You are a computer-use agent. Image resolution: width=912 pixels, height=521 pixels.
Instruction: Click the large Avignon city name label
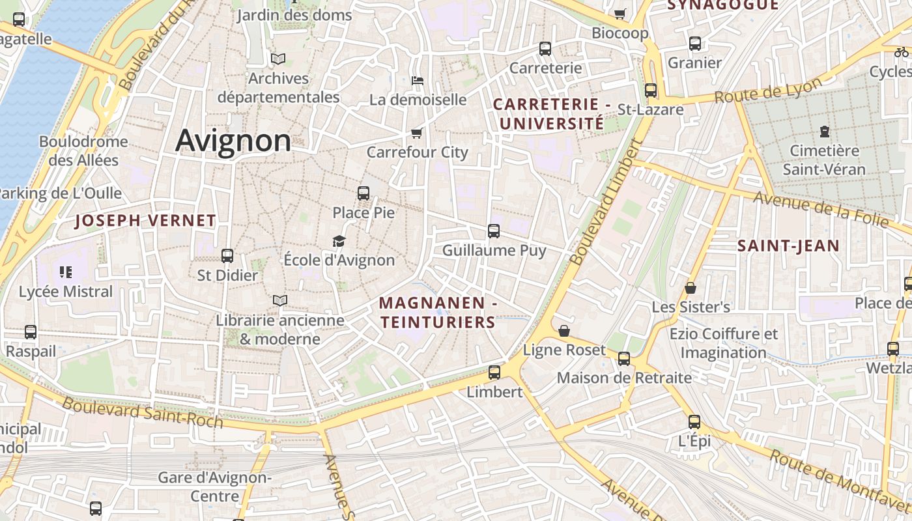[233, 141]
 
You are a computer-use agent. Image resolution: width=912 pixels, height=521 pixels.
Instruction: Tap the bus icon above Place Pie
[363, 193]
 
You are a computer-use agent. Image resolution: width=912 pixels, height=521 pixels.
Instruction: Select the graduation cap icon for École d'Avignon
[339, 242]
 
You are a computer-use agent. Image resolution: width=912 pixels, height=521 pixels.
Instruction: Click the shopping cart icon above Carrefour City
[417, 134]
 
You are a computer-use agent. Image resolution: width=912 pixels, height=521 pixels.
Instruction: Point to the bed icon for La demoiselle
[418, 81]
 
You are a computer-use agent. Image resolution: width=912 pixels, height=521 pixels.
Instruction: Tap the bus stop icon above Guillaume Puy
[494, 231]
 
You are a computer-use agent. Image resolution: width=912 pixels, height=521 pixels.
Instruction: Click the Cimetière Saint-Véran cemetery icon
[825, 132]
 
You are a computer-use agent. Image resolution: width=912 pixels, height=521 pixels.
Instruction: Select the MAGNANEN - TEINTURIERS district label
[438, 313]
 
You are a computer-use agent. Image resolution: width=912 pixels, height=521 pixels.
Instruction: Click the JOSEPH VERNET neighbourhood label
[145, 221]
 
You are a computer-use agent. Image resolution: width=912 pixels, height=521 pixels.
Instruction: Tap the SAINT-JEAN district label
[788, 246]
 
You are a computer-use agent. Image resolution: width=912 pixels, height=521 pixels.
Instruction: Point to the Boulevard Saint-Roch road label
[143, 413]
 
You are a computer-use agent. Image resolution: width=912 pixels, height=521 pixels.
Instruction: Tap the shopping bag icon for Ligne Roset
[564, 331]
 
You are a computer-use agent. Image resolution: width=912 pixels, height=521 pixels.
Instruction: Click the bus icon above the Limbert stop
[494, 373]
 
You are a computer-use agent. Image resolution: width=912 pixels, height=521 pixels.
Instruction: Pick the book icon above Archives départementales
[278, 59]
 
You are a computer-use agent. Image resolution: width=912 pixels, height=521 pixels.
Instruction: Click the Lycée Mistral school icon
[65, 272]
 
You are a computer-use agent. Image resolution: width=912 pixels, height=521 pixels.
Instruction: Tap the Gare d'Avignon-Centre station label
[215, 486]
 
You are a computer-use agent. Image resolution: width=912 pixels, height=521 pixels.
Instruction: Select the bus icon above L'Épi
[694, 421]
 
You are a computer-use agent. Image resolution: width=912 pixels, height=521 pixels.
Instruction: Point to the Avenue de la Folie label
[821, 210]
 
